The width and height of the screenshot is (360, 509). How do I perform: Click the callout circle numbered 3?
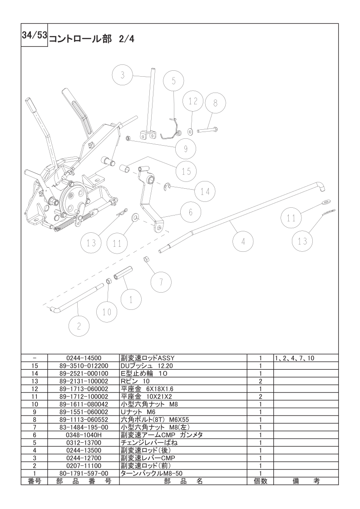click(x=122, y=75)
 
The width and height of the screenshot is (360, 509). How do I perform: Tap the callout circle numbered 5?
click(x=173, y=81)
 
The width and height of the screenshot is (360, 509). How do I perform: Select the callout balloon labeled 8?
click(x=215, y=103)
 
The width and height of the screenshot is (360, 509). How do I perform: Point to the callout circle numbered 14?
click(x=205, y=191)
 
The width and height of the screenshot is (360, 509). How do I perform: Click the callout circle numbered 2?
click(x=79, y=326)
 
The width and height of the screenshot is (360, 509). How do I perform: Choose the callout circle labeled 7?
click(x=161, y=282)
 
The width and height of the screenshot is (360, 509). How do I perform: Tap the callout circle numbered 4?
click(x=243, y=241)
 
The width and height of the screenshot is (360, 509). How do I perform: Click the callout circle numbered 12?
click(x=193, y=101)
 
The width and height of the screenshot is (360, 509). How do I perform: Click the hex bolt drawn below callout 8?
click(x=207, y=130)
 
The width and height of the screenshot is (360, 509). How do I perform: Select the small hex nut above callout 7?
click(x=147, y=259)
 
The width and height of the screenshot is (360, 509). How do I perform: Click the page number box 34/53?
click(x=35, y=35)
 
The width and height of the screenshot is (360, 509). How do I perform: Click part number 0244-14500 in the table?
click(x=84, y=358)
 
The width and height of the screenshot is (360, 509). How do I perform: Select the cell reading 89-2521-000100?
click(x=84, y=374)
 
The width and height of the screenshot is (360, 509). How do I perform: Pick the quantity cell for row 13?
click(x=260, y=382)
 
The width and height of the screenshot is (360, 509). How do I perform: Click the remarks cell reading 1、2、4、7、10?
click(x=295, y=358)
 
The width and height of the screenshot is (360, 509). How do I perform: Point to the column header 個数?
click(x=260, y=481)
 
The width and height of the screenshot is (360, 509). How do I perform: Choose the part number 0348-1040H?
click(x=84, y=435)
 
